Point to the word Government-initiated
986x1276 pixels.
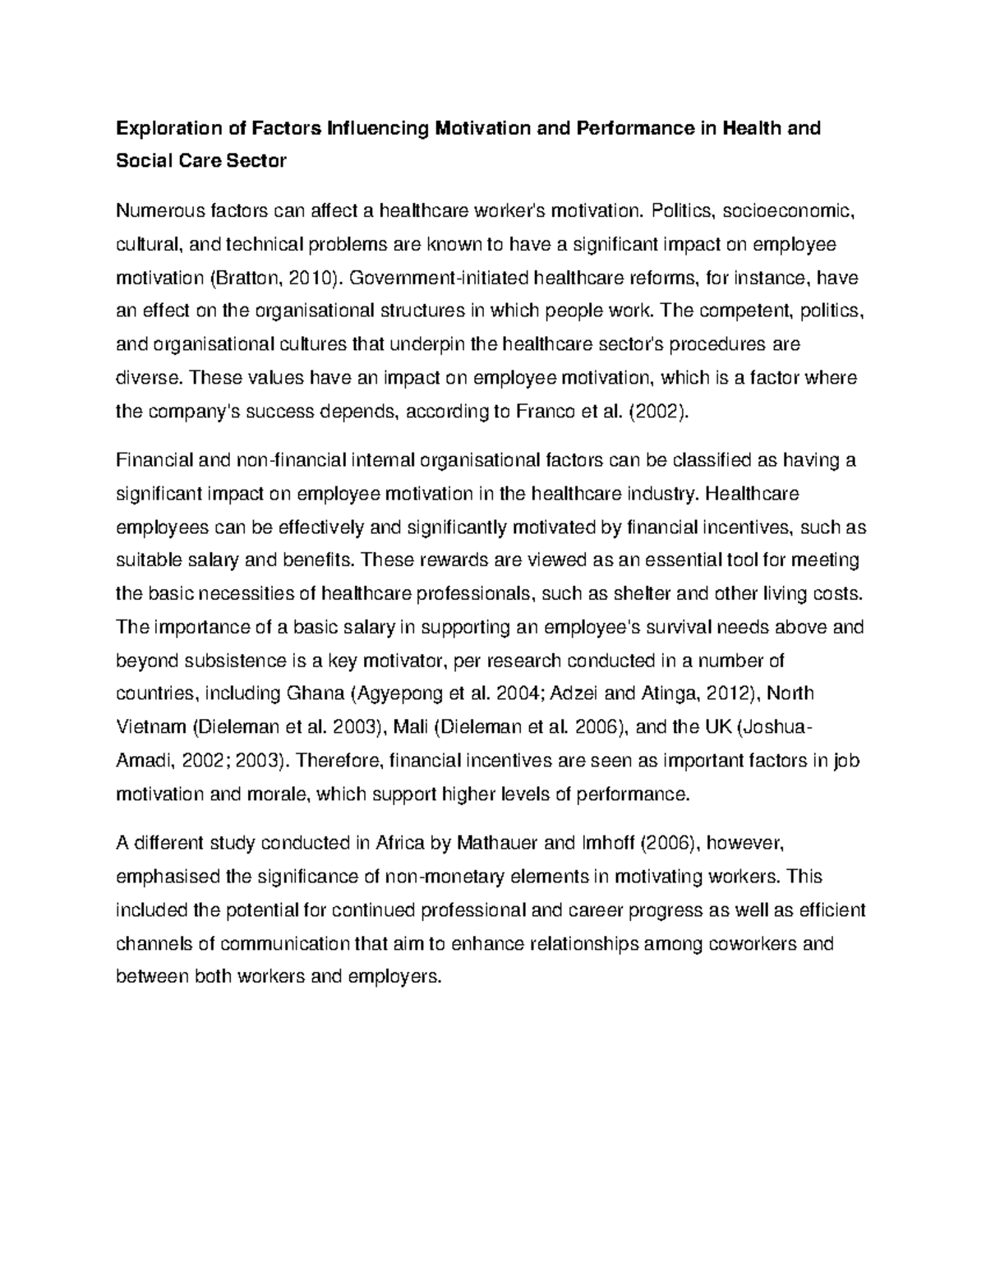click(436, 278)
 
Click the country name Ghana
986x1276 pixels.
click(315, 693)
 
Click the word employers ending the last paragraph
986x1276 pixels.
click(394, 976)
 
